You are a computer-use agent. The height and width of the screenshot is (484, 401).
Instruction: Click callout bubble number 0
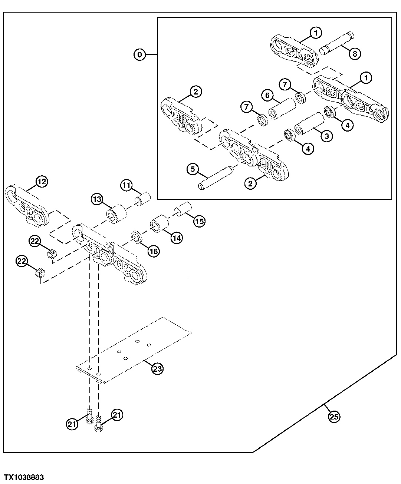coord(139,55)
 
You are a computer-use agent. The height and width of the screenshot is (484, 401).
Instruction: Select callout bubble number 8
coord(354,54)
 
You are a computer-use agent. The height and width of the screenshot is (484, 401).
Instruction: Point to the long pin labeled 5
coord(217,178)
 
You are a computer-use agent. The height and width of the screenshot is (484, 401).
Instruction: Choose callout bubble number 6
coord(267,96)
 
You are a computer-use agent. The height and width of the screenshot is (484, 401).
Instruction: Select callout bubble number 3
coord(326,136)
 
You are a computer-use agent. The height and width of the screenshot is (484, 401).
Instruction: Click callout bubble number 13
coord(97,199)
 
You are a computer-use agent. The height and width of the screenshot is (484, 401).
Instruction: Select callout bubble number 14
coord(177,238)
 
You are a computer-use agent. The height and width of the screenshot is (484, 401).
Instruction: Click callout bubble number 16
coord(153,251)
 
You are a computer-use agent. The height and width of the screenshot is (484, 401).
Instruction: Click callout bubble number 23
coord(157,368)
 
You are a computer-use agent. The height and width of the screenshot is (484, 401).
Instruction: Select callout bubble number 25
coord(334,417)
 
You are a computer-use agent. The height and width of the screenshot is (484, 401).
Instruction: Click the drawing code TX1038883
coord(24,477)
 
